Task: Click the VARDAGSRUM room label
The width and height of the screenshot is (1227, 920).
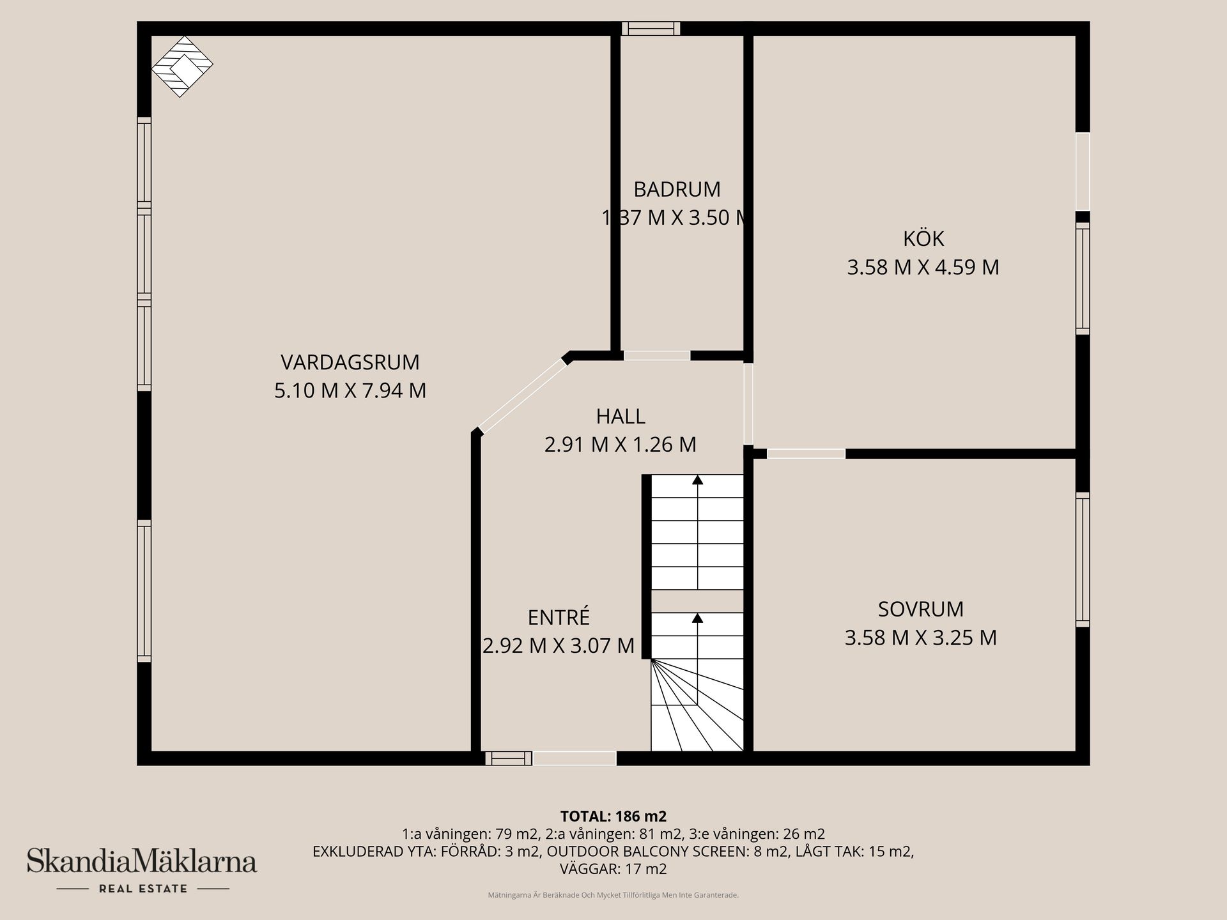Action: tap(350, 362)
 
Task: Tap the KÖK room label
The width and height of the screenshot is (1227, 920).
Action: tap(923, 238)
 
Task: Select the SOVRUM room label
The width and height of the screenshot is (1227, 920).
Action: tap(921, 609)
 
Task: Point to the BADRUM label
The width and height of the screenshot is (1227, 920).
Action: tap(677, 190)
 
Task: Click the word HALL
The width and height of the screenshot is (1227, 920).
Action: tap(621, 417)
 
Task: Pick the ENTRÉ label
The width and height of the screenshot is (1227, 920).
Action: tap(559, 617)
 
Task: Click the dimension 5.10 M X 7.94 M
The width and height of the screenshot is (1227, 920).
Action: tap(350, 390)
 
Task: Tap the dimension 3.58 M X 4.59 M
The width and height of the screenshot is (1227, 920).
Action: tap(923, 267)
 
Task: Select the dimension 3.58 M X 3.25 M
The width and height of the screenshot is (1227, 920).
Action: tap(921, 638)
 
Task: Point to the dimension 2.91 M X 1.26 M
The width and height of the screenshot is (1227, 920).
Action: tap(621, 445)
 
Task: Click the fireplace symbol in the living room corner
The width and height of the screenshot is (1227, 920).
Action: tap(182, 66)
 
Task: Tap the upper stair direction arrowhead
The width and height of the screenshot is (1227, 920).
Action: tap(698, 479)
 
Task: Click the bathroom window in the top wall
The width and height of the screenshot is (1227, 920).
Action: tap(651, 28)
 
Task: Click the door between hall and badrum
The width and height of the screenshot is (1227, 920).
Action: tap(657, 355)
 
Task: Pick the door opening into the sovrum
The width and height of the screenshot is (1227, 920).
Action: tap(806, 454)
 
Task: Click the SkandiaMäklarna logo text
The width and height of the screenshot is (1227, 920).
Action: tap(141, 861)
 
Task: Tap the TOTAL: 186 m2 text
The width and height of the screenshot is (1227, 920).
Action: tap(613, 816)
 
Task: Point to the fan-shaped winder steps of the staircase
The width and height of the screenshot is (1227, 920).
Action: tap(697, 705)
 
